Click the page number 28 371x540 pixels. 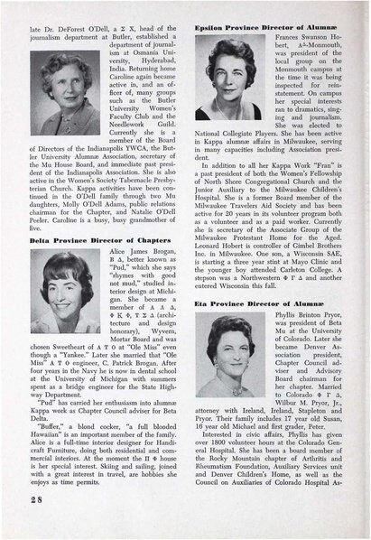point(29,524)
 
